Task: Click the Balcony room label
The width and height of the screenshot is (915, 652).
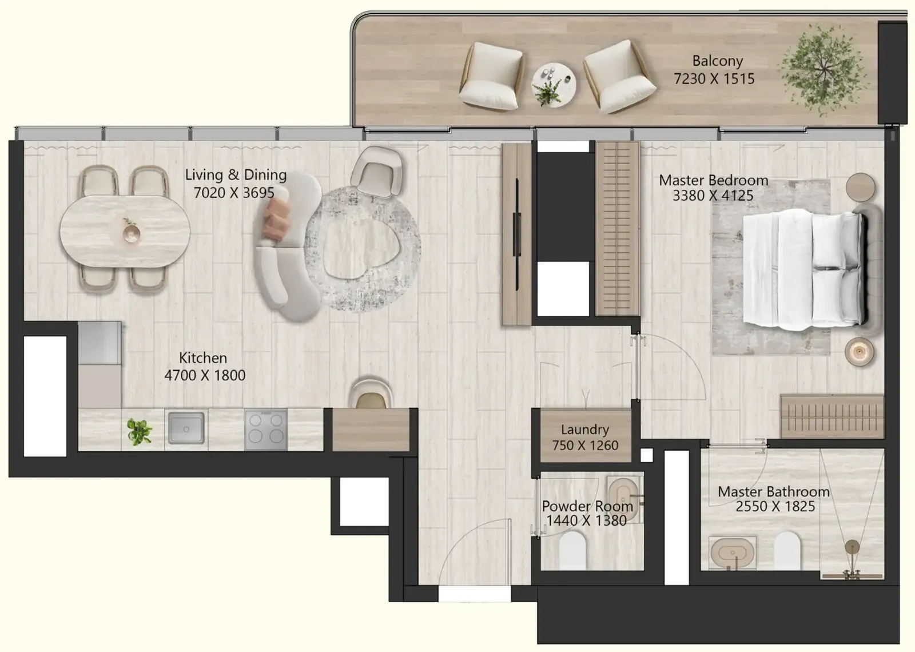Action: [x=717, y=61]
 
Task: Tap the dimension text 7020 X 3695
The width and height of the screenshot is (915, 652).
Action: [x=234, y=193]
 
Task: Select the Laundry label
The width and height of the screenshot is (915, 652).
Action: [x=585, y=430]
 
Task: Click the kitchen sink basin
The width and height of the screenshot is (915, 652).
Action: [x=186, y=428]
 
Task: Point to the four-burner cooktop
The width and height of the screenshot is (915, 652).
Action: [x=266, y=430]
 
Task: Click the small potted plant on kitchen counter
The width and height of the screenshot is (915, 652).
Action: [x=140, y=431]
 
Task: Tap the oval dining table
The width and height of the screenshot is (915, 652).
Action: [x=125, y=231]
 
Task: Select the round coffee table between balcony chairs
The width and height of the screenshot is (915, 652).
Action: [x=554, y=85]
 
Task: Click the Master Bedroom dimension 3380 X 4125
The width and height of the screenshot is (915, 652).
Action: [x=713, y=196]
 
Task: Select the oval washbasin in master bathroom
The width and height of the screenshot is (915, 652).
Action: [x=733, y=552]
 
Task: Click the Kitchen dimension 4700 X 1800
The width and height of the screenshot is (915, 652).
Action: [x=205, y=375]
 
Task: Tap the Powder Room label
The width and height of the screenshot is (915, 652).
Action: [x=587, y=506]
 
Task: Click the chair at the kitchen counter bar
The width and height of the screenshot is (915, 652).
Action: [x=371, y=394]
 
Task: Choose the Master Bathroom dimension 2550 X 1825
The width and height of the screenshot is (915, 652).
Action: [x=775, y=507]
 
